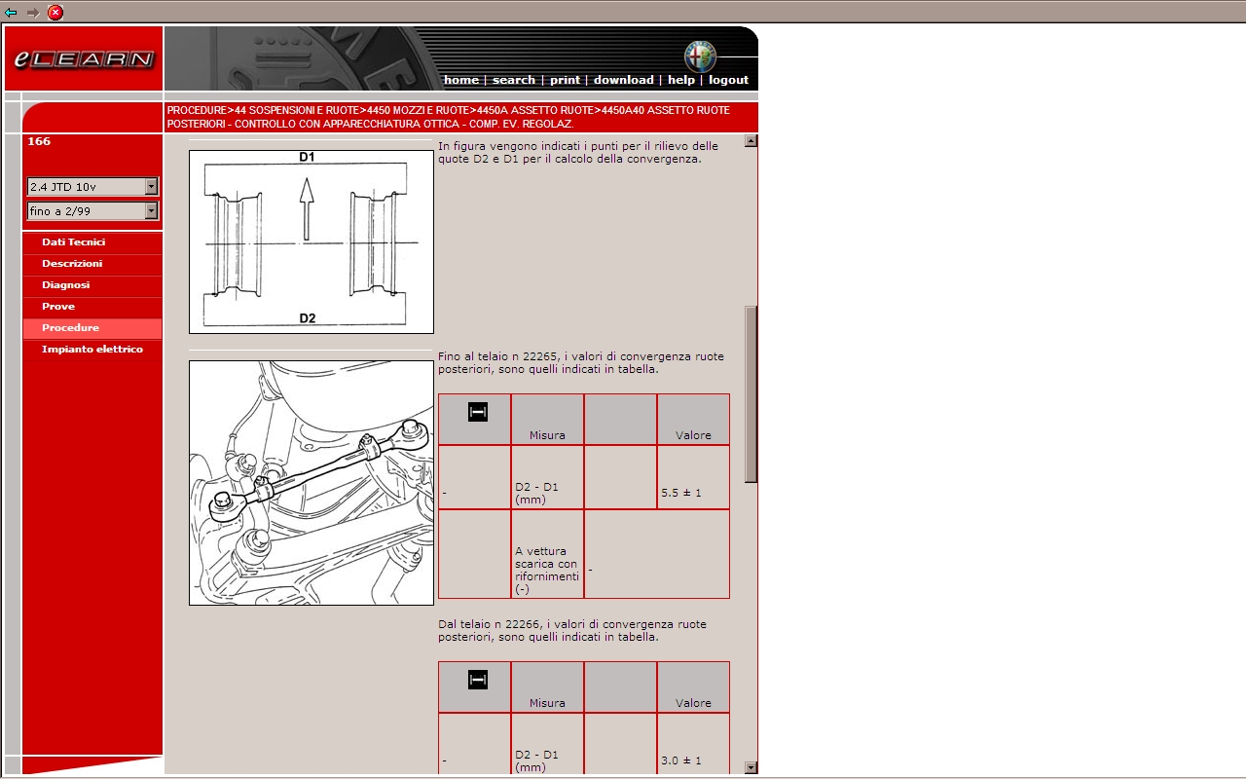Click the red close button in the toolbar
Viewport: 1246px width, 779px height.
pyautogui.click(x=55, y=13)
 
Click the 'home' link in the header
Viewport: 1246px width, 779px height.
pyautogui.click(x=461, y=80)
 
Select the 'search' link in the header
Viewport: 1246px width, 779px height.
pyautogui.click(x=513, y=80)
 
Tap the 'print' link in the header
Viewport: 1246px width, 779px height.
pyautogui.click(x=565, y=80)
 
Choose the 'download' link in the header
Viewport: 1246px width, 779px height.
pyautogui.click(x=624, y=80)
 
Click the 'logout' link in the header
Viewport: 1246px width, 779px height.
pyautogui.click(x=728, y=80)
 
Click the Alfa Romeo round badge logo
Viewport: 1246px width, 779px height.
pyautogui.click(x=700, y=56)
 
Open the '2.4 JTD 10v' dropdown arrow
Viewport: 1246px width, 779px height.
pyautogui.click(x=151, y=186)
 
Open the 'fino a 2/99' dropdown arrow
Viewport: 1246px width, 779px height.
pyautogui.click(x=151, y=211)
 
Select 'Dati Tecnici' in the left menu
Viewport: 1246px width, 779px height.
pyautogui.click(x=73, y=242)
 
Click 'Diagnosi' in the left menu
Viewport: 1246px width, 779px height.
pyautogui.click(x=65, y=285)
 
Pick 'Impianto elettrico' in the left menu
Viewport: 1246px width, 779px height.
pyautogui.click(x=92, y=349)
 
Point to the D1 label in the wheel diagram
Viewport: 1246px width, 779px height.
pyautogui.click(x=307, y=157)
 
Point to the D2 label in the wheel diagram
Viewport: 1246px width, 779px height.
pyautogui.click(x=307, y=318)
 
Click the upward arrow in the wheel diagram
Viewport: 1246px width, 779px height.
pyautogui.click(x=307, y=209)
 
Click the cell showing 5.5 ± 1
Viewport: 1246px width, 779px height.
pyautogui.click(x=693, y=477)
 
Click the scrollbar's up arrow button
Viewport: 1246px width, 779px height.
pyautogui.click(x=751, y=141)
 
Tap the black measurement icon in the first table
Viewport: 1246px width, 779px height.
pyautogui.click(x=478, y=412)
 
